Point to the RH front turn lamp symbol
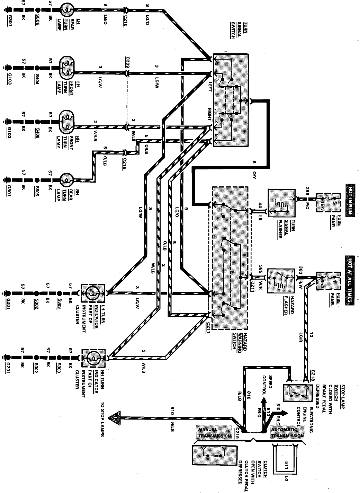[67, 122]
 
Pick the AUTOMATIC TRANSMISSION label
[287, 433]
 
